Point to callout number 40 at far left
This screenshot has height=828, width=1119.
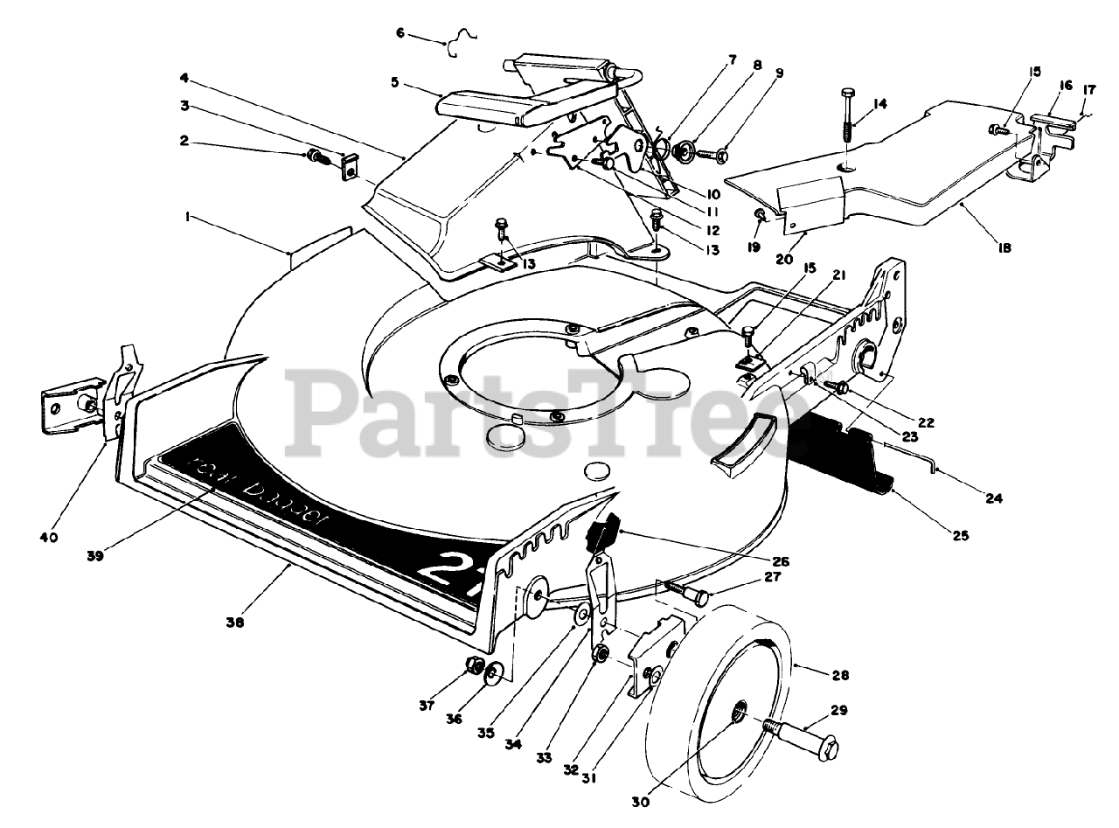coord(49,537)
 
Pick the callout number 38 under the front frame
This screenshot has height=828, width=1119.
coord(234,623)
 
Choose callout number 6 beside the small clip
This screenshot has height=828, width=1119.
coord(400,33)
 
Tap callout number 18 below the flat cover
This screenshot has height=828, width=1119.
coord(1004,247)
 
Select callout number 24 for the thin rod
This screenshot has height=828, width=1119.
coord(993,499)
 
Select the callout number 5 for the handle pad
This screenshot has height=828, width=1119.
coord(395,83)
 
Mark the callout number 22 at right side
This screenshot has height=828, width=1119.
coord(927,422)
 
